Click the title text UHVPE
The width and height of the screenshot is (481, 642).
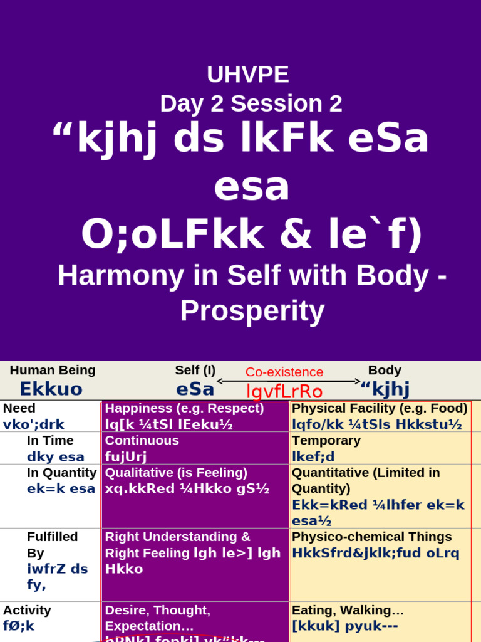coord(247,75)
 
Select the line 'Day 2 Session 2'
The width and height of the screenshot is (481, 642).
coord(251,103)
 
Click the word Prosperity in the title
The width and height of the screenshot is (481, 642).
coord(252,311)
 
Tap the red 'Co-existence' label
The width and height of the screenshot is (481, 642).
coord(284,372)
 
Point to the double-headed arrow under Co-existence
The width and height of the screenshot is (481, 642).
coord(289,381)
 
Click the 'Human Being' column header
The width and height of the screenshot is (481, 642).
coord(53,371)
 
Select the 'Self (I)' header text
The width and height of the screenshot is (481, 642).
coord(195,371)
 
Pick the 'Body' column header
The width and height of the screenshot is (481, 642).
coord(385,371)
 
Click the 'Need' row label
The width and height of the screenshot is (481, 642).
coord(19,408)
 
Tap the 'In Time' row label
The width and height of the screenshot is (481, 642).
coord(50,441)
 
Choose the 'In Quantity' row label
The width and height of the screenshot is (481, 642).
coord(61,473)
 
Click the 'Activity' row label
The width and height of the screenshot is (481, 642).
coord(27,610)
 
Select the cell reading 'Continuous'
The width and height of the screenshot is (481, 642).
coord(142,441)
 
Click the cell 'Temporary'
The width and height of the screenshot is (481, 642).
coord(326,441)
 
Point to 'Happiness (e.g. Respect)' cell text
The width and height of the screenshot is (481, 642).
coord(184,408)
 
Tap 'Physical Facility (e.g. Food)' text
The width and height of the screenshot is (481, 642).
coord(380,408)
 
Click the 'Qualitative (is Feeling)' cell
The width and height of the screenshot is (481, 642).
coord(176,473)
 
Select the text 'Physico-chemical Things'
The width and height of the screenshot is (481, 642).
coord(371,537)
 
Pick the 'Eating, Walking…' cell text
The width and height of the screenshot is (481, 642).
coord(348,610)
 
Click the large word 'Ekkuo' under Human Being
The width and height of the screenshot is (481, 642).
coord(51,389)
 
